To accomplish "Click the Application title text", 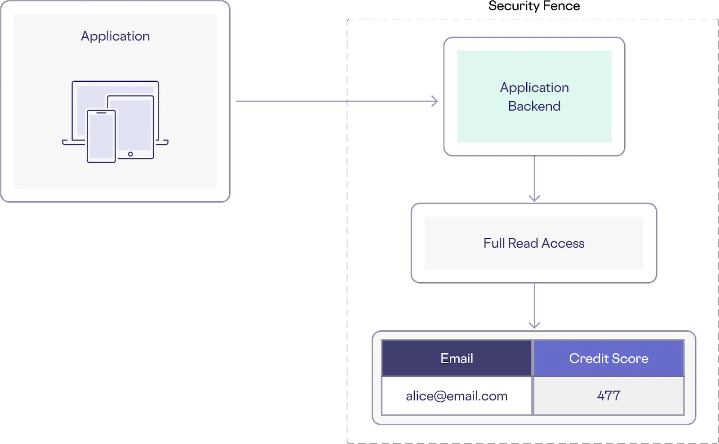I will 115,36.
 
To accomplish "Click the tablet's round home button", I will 130,154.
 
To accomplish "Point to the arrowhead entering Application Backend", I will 433,101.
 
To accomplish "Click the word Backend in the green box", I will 534,106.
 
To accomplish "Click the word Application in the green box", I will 534,87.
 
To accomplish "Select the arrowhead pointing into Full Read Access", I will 534,197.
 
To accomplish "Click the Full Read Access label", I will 534,243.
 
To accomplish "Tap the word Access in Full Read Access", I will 563,243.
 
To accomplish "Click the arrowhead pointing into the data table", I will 534,324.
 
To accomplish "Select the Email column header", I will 457,358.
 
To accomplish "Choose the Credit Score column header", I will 608,358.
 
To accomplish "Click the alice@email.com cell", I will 457,396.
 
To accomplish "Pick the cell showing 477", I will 608,396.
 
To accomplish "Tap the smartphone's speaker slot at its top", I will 101,113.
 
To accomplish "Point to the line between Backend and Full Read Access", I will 534,175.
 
